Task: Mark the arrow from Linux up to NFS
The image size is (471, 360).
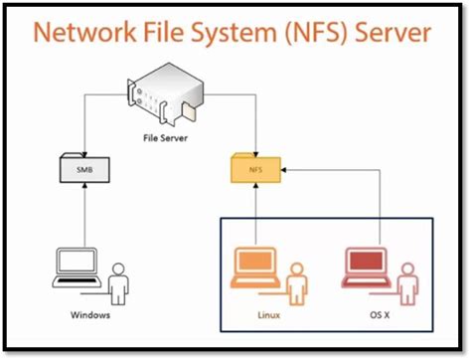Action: coord(255,214)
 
